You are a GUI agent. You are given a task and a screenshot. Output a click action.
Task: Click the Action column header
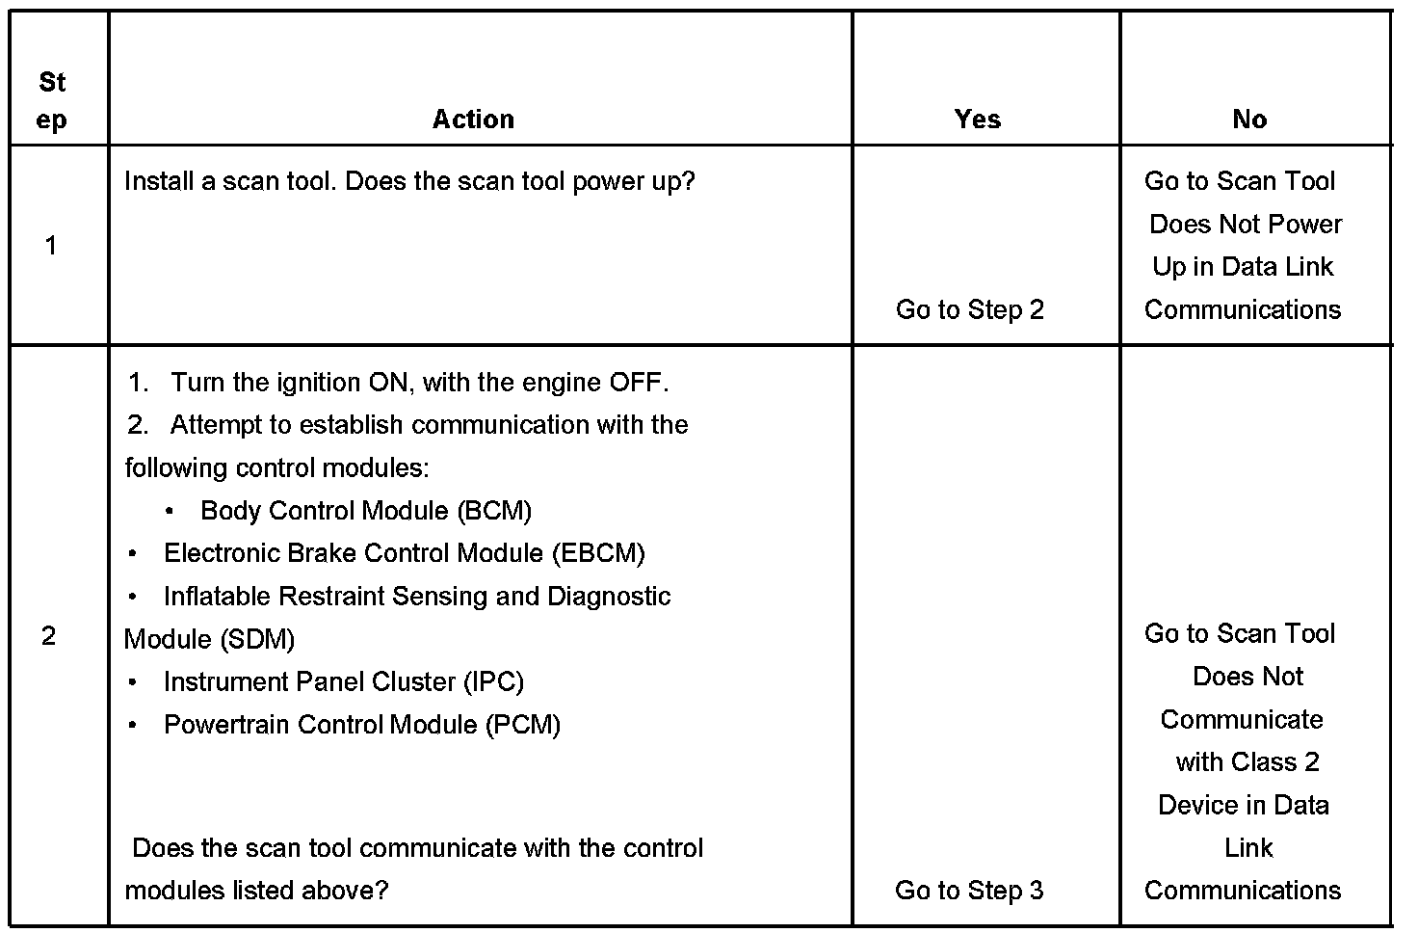473,120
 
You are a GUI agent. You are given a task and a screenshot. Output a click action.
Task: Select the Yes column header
977,120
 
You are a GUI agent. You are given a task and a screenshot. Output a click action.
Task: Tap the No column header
1249,120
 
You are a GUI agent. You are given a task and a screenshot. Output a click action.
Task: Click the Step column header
52,101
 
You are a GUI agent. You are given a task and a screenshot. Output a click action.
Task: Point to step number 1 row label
51,246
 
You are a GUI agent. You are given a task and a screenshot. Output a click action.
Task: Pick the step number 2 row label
49,636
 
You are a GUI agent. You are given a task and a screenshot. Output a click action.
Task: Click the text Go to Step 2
969,309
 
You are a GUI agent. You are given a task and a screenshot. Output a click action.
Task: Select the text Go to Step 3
969,891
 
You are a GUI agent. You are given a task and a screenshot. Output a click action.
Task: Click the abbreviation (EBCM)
598,553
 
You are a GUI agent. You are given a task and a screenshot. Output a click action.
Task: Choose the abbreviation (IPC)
493,682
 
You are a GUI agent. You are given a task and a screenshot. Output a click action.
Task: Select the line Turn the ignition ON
419,383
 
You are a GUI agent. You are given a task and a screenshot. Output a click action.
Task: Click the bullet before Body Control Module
170,511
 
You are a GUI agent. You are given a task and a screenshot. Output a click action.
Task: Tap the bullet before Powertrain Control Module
132,725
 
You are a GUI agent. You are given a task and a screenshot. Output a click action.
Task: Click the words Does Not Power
1246,225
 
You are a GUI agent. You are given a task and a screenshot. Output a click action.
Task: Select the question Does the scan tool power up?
520,181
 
